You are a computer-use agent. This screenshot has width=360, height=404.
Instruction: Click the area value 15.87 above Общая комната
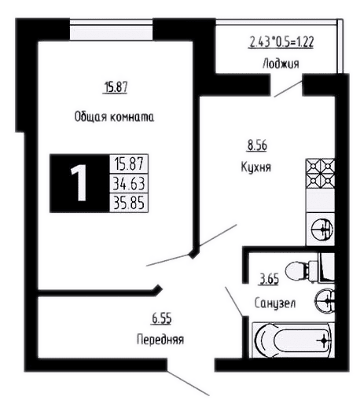116,87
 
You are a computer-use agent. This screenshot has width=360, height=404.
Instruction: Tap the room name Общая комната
114,116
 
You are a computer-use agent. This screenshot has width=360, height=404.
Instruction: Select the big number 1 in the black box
79,183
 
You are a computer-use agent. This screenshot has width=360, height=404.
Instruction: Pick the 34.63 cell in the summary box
129,183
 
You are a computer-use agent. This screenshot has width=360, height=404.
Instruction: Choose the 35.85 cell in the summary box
129,203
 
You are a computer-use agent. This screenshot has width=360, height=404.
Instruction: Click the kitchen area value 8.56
257,145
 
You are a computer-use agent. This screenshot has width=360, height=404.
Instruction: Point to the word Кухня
256,167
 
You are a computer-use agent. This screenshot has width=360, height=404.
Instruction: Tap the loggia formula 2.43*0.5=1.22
281,42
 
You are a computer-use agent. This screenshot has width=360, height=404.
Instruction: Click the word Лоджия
281,64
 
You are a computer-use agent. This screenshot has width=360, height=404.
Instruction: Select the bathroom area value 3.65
270,279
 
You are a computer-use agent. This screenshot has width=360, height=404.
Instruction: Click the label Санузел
275,303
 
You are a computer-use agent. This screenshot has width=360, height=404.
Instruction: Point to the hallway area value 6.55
162,319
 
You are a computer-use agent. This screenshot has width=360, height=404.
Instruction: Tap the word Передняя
160,340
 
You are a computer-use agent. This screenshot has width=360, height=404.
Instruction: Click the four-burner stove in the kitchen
321,173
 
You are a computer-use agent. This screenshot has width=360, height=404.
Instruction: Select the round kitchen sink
322,230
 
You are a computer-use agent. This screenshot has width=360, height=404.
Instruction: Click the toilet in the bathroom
309,270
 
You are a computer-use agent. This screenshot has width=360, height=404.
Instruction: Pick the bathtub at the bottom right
293,340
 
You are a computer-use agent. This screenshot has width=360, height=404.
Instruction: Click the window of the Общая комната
112,29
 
